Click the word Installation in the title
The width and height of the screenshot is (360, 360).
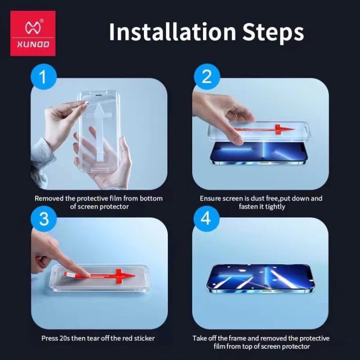click(x=172, y=32)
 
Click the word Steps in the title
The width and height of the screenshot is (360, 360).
click(x=273, y=33)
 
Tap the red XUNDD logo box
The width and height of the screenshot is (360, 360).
click(x=33, y=33)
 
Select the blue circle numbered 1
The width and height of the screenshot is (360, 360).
click(x=44, y=77)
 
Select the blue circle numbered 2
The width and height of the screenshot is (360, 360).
click(x=207, y=77)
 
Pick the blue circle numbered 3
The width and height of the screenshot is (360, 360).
click(x=44, y=219)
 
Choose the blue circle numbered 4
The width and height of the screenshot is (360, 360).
click(x=206, y=219)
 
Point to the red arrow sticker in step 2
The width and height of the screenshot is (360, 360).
click(x=264, y=129)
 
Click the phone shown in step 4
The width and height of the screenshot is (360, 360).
click(x=261, y=279)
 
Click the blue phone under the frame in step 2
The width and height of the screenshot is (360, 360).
click(x=259, y=153)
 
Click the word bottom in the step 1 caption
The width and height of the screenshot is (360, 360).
click(x=151, y=198)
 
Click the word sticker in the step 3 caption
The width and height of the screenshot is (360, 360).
click(x=144, y=338)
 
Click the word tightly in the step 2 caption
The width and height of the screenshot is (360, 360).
click(x=275, y=207)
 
